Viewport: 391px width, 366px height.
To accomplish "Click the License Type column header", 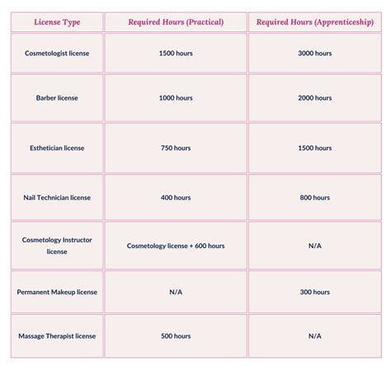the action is [x=57, y=21].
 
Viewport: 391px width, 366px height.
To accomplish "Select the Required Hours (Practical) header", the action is [x=175, y=21].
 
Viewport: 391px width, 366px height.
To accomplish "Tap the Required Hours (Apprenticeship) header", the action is [x=315, y=21].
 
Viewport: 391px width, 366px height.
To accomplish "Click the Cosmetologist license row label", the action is [x=57, y=53].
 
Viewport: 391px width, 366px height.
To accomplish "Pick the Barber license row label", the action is [x=57, y=98].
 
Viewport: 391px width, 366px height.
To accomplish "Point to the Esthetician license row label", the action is [x=57, y=148].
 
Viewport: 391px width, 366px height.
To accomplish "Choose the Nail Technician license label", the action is [x=57, y=197].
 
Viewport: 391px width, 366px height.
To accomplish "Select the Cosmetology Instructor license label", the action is [x=57, y=245].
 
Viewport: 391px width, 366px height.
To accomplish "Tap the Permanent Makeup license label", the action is [x=57, y=292].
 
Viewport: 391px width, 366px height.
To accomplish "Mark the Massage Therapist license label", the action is [x=57, y=335].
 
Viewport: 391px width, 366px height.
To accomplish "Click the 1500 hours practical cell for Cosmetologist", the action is [x=175, y=53].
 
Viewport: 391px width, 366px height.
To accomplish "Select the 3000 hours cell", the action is [x=315, y=53].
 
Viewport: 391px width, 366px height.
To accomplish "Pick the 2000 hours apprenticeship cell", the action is [x=315, y=98].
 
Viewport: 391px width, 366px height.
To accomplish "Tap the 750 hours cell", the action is [x=175, y=148].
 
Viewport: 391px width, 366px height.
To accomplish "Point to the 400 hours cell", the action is [x=175, y=197].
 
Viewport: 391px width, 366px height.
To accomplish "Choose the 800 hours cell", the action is [x=315, y=197].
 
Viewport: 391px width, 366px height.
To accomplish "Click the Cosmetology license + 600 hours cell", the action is [x=175, y=245].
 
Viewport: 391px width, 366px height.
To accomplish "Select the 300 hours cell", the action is [x=315, y=292].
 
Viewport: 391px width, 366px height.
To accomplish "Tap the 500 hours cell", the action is [x=175, y=335].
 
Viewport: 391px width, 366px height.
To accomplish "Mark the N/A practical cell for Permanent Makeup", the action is [x=175, y=292].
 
